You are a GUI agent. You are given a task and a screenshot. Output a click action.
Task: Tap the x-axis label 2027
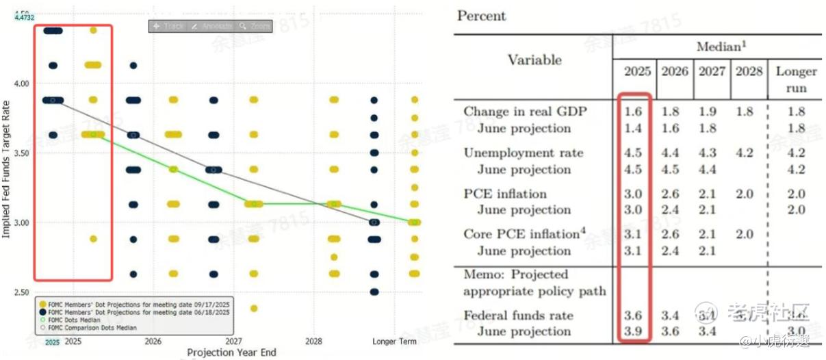[233, 341]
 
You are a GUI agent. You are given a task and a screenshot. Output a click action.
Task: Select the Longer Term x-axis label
[393, 341]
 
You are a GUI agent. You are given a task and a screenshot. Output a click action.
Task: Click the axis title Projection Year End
[231, 352]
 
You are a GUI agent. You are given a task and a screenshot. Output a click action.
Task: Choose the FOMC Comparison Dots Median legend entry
[95, 328]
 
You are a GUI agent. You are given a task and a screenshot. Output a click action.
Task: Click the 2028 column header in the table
[748, 71]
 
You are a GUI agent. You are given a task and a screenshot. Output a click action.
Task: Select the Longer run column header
[796, 79]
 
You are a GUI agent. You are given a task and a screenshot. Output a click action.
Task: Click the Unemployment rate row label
[524, 153]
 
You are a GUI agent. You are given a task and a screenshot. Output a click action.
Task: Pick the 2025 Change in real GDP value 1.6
[634, 112]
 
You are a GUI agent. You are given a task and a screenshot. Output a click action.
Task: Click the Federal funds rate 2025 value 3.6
[634, 315]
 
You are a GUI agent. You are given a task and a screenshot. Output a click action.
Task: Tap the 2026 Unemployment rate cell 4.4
[673, 153]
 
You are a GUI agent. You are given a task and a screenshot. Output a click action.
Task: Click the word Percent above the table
[481, 16]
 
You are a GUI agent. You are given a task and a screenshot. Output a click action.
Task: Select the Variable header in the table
[534, 60]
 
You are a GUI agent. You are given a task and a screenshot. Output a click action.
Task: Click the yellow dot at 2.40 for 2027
[254, 308]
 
